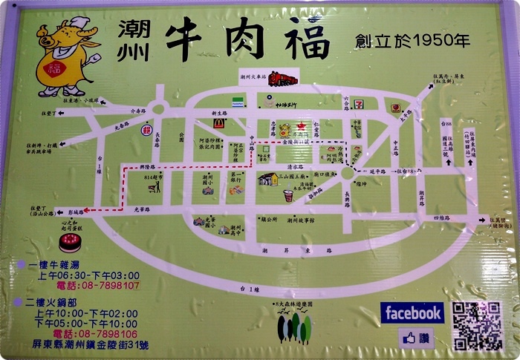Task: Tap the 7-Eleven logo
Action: click(358, 104)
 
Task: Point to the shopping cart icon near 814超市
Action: click(155, 186)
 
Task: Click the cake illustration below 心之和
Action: click(71, 242)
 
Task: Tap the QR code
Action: click(478, 325)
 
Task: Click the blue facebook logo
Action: click(412, 312)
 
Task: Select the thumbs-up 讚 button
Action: click(416, 338)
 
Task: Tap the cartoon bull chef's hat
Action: click(78, 25)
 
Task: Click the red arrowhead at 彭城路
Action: click(88, 211)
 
